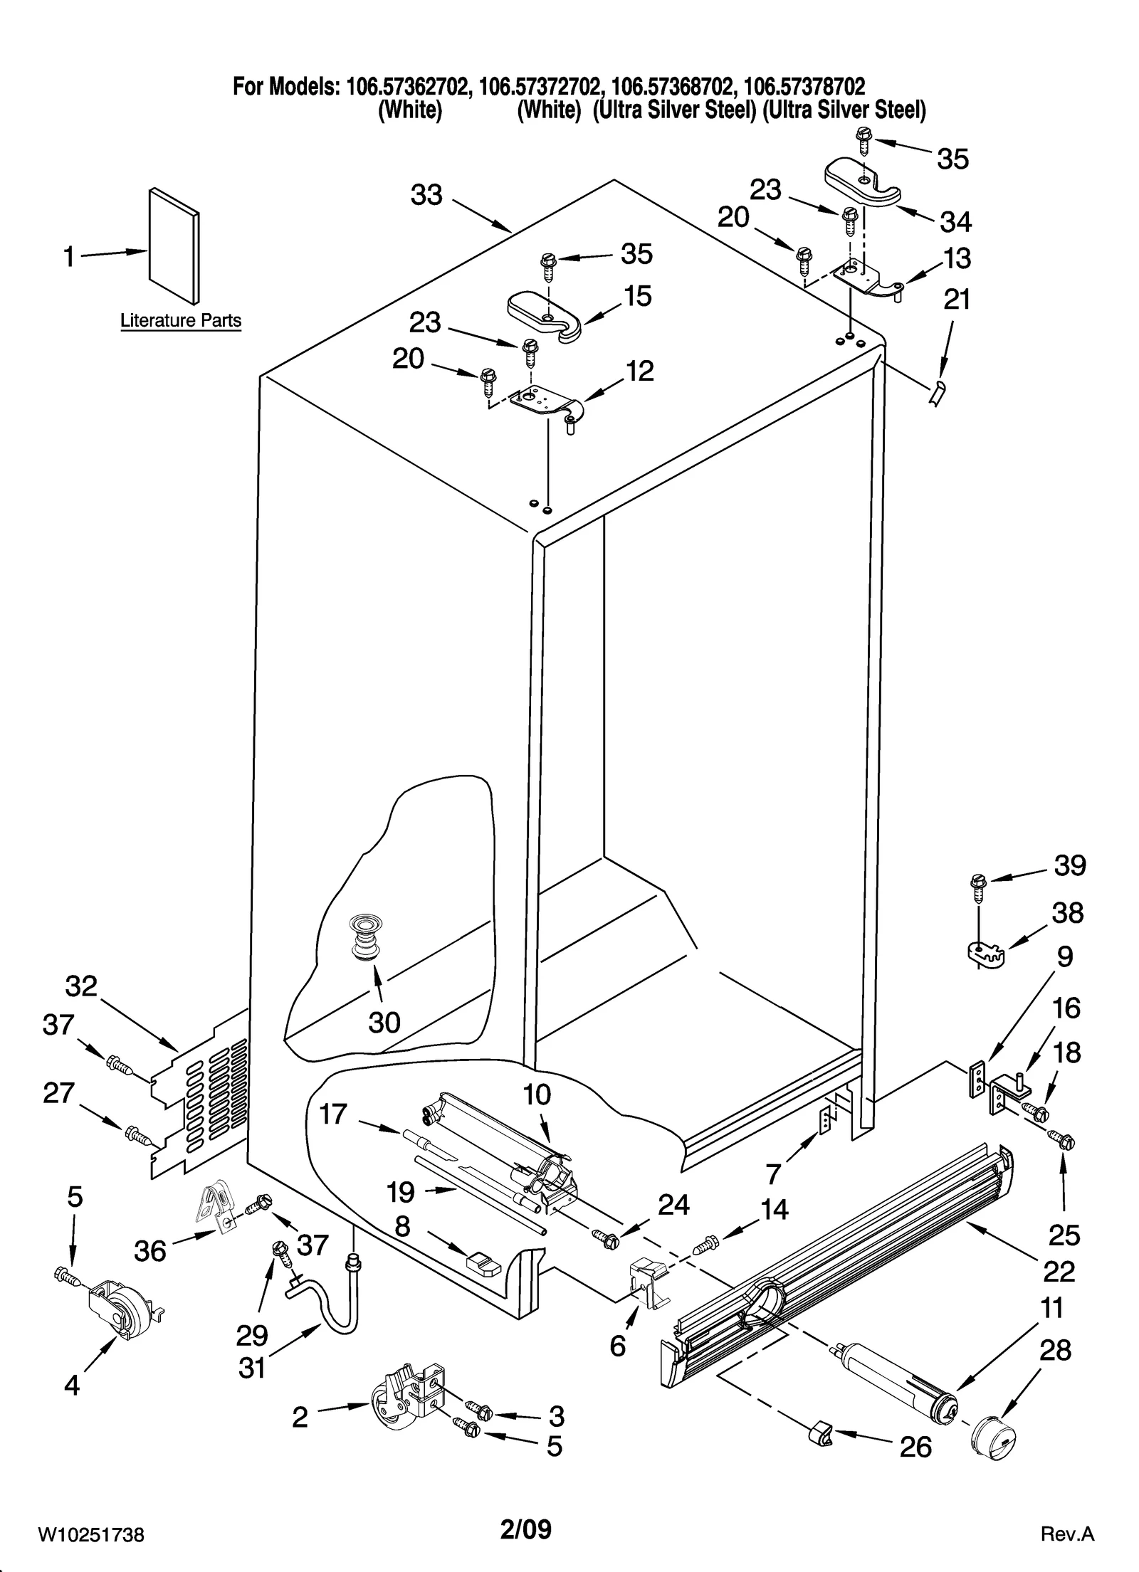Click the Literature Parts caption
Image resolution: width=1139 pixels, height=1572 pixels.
[181, 321]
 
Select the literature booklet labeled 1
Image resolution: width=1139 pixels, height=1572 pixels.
[174, 245]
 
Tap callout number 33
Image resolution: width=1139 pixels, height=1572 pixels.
[426, 194]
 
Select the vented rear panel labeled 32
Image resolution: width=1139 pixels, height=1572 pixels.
[204, 1100]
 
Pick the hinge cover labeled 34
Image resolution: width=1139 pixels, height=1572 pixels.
[862, 184]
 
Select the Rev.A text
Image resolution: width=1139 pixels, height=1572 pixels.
[1066, 1534]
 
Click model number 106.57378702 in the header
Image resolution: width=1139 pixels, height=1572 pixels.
[804, 87]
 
